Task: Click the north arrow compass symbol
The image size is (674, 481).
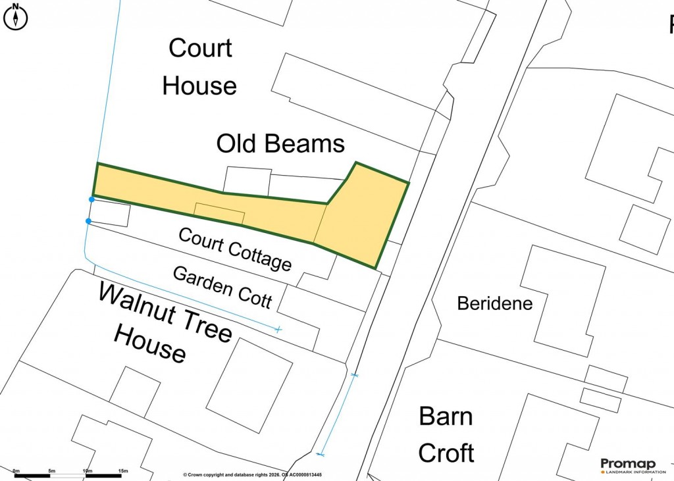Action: tap(15, 16)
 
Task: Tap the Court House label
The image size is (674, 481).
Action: tap(200, 66)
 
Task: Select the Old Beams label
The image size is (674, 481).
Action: tap(281, 143)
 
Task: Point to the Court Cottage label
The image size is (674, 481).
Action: tap(235, 249)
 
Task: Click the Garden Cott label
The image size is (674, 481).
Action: tap(222, 288)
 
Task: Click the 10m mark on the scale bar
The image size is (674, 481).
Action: tap(87, 471)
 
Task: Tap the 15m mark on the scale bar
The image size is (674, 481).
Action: tap(122, 471)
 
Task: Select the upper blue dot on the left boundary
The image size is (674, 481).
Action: tap(91, 199)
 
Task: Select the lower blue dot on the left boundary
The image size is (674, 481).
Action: tap(88, 221)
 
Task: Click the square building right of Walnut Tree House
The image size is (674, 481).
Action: tap(249, 385)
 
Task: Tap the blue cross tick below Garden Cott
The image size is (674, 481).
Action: tap(278, 328)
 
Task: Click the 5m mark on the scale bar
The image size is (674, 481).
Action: tap(51, 471)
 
